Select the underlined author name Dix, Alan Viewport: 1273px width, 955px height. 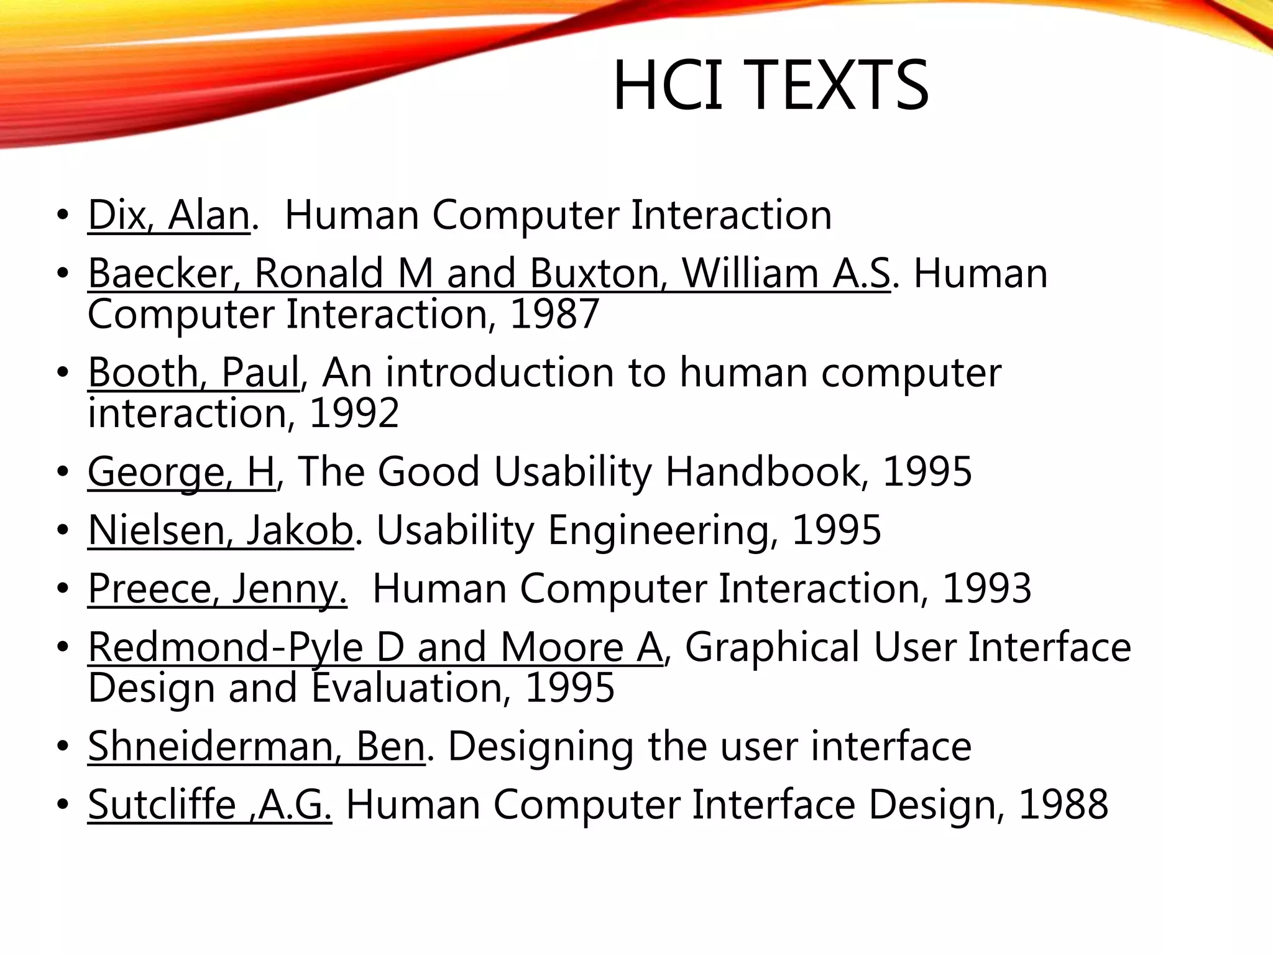pos(168,215)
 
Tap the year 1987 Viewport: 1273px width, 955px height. pos(554,313)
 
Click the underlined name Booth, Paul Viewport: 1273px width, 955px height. pos(193,372)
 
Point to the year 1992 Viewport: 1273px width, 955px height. pos(354,413)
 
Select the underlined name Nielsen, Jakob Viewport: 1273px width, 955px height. pos(221,530)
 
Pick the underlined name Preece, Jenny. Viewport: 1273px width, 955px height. pos(217,588)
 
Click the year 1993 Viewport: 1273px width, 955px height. pos(987,588)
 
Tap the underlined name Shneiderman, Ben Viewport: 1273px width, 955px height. pos(256,746)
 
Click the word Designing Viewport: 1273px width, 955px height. pos(541,746)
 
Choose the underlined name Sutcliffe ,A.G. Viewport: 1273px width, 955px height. pos(209,805)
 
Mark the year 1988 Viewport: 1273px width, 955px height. pos(1064,805)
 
